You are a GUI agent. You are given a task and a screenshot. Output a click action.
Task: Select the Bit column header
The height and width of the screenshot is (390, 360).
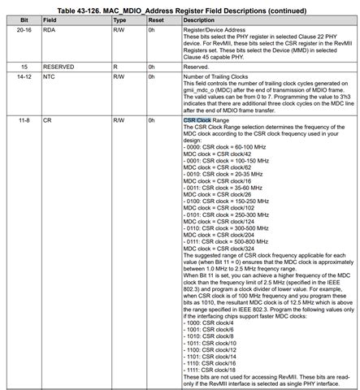pyautogui.click(x=24, y=18)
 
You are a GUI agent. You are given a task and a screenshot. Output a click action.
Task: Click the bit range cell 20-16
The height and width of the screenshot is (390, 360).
pyautogui.click(x=26, y=28)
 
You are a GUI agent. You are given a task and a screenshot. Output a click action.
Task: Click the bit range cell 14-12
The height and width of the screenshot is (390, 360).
pyautogui.click(x=26, y=76)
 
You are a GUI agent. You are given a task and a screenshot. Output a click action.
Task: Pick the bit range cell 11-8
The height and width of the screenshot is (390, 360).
pyautogui.click(x=24, y=119)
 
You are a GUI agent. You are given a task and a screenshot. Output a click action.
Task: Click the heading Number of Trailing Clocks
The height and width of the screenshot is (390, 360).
pyautogui.click(x=221, y=76)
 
